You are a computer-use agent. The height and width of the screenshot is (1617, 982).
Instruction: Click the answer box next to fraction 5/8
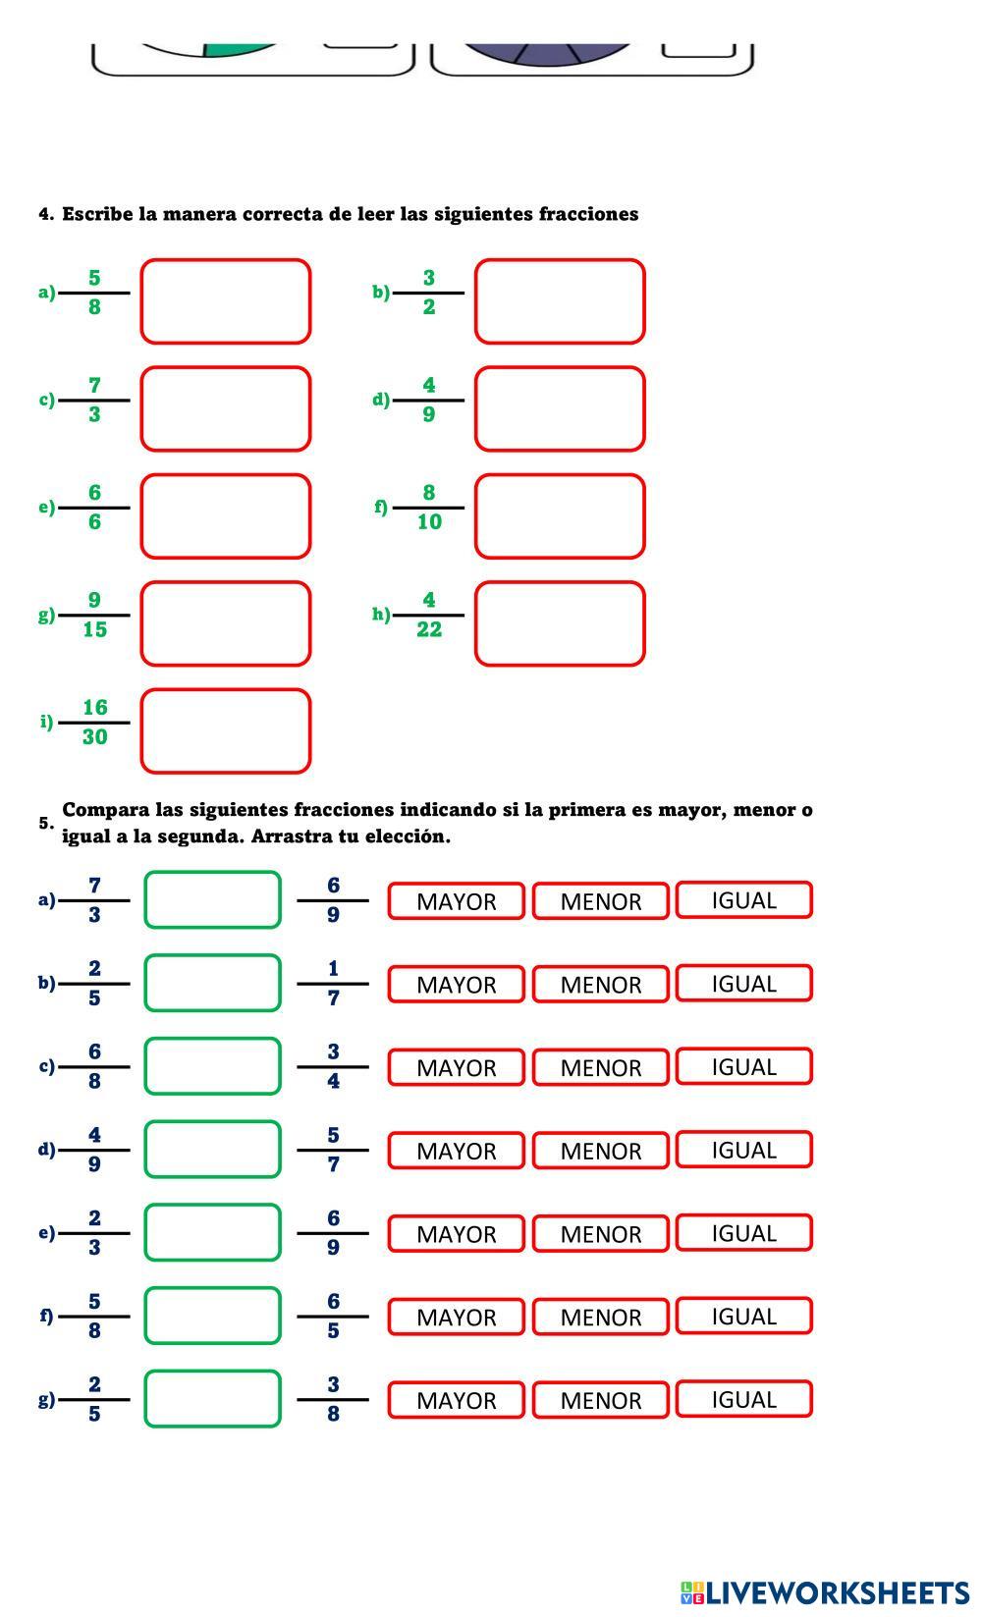pyautogui.click(x=226, y=301)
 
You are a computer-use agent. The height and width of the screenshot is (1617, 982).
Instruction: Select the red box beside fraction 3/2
pyautogui.click(x=560, y=301)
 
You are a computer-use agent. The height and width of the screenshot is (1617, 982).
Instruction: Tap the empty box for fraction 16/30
pyautogui.click(x=226, y=731)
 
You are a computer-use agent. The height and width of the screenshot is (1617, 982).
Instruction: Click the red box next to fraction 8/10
pyautogui.click(x=560, y=516)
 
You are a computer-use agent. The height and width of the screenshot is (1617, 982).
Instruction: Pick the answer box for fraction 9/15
pyautogui.click(x=226, y=623)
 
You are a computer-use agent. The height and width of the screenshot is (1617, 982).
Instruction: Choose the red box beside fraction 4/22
pyautogui.click(x=560, y=623)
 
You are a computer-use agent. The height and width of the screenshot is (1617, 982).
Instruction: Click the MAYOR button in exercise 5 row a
pyautogui.click(x=456, y=901)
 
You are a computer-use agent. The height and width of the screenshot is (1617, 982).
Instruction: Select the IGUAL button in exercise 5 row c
pyautogui.click(x=743, y=1066)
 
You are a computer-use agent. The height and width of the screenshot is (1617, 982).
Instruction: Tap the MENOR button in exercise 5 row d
pyautogui.click(x=600, y=1151)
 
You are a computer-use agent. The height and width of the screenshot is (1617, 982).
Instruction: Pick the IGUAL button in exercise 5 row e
pyautogui.click(x=743, y=1233)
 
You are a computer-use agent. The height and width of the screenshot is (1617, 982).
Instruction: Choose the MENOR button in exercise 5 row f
pyautogui.click(x=600, y=1317)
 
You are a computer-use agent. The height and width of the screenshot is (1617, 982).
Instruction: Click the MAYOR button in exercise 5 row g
pyautogui.click(x=456, y=1400)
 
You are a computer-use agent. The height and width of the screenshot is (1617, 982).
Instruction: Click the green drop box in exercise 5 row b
pyautogui.click(x=212, y=983)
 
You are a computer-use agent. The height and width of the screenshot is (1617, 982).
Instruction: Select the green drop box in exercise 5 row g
pyautogui.click(x=212, y=1399)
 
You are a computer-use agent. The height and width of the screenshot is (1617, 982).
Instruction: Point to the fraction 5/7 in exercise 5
pyautogui.click(x=333, y=1150)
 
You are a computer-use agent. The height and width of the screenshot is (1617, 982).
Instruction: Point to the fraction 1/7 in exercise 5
pyautogui.click(x=333, y=983)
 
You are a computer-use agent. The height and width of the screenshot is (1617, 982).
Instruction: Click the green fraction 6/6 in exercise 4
pyautogui.click(x=94, y=508)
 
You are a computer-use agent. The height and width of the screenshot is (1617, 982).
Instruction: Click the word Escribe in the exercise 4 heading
pyautogui.click(x=97, y=214)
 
